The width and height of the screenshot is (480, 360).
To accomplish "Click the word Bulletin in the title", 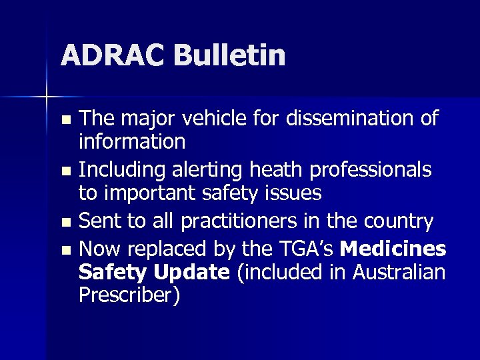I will pyautogui.click(x=230, y=55).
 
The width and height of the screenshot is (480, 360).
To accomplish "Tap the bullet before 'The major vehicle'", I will pyautogui.click(x=65, y=121).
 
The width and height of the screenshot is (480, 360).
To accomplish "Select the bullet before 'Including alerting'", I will pyautogui.click(x=65, y=171).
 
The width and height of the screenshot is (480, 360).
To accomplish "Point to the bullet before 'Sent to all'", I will pyautogui.click(x=65, y=222).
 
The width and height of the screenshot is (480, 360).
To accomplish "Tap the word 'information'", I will pyautogui.click(x=132, y=141).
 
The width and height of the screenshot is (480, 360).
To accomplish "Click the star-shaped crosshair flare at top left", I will pyautogui.click(x=47, y=97).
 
